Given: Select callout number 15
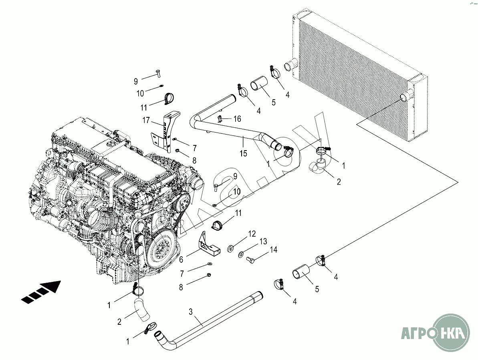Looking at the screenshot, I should tap(243, 153).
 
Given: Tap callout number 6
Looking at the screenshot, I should tap(182, 259).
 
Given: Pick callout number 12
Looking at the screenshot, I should tap(251, 233).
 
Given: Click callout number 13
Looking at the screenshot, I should tap(263, 241).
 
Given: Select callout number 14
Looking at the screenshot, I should tap(273, 249).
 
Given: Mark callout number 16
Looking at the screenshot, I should tap(237, 119).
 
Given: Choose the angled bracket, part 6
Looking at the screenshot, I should tap(209, 245).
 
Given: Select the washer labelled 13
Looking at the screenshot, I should tap(241, 254).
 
